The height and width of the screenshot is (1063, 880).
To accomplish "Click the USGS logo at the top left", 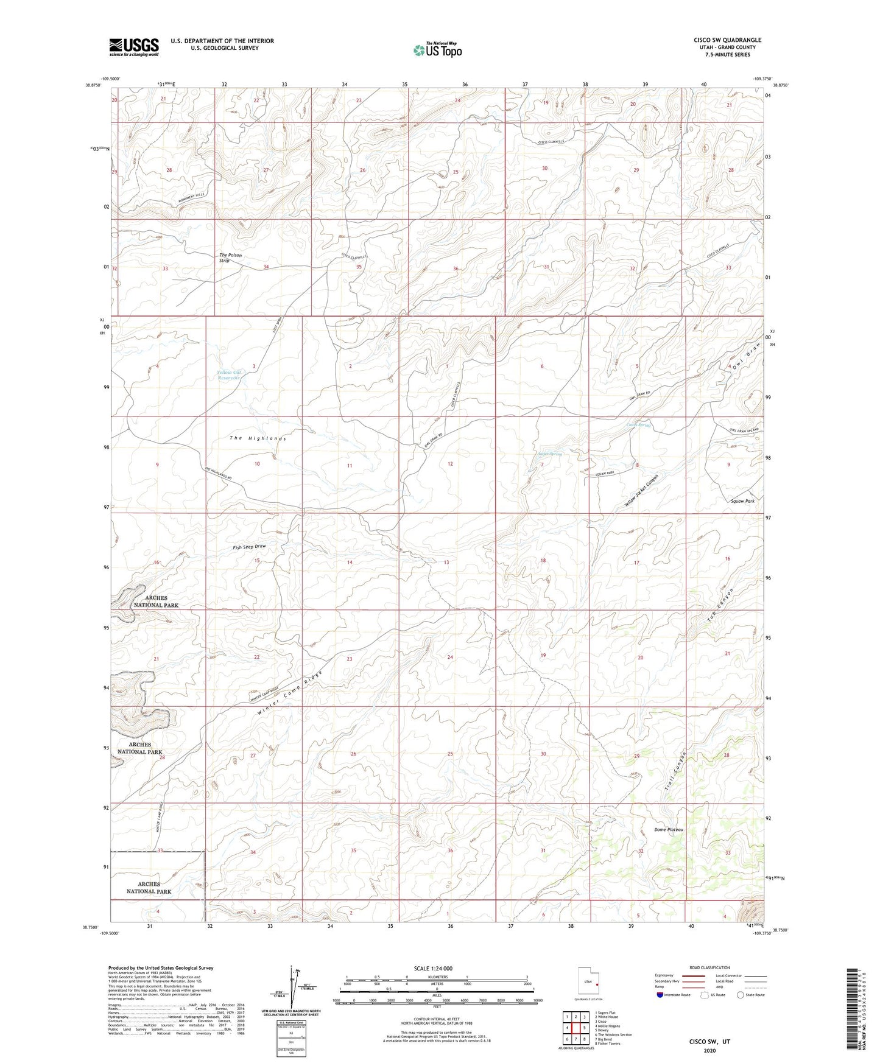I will click(x=134, y=47).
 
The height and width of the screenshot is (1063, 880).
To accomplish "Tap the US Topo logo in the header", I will click(x=437, y=50).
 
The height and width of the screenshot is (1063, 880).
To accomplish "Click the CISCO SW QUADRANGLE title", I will click(x=727, y=40).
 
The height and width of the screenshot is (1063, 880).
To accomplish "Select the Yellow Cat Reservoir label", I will click(x=229, y=375).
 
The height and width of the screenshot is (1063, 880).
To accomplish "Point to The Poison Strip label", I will click(x=230, y=258).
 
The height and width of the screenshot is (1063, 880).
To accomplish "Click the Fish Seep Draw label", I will click(x=249, y=547).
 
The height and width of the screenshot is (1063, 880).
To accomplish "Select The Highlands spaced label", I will click(x=258, y=438).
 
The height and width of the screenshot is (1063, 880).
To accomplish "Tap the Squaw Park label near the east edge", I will click(x=742, y=501).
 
